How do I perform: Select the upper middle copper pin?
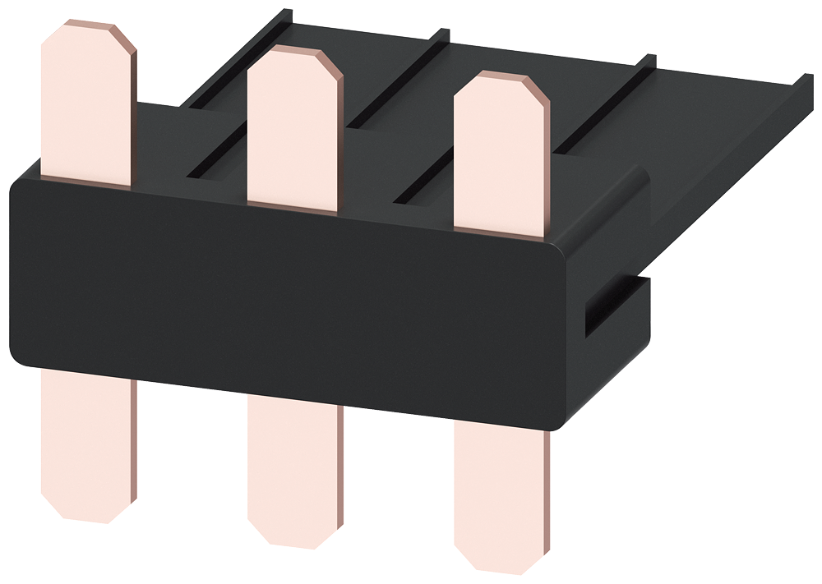click(x=293, y=131)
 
